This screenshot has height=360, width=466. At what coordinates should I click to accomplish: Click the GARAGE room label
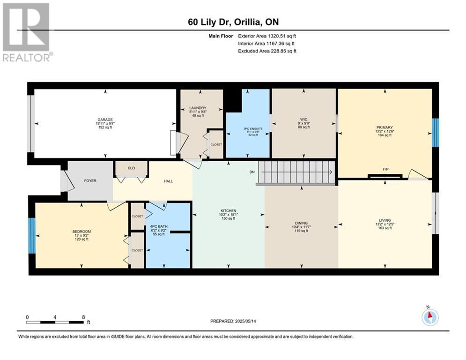coord(105,120)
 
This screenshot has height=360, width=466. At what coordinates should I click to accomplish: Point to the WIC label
coord(303,120)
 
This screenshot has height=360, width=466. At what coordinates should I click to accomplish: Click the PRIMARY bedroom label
coord(384,127)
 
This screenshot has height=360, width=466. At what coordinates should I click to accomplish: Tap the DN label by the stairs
coord(251,172)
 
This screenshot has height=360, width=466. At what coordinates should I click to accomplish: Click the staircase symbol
coord(297,173)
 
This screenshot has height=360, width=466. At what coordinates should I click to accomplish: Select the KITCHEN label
coord(229,211)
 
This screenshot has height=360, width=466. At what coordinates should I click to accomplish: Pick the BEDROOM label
coord(81,232)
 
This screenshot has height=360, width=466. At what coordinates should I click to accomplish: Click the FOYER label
coord(90,180)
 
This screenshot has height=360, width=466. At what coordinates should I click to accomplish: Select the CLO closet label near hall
coord(132,167)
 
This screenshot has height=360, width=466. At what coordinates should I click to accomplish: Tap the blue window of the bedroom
coord(32,235)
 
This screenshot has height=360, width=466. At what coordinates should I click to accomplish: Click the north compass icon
coord(429,317)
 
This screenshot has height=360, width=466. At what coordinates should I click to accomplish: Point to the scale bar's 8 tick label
coord(83,317)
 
